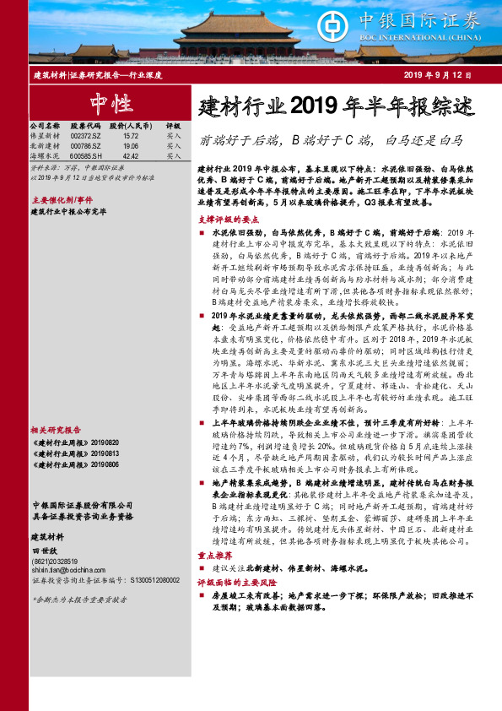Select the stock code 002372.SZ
[85, 135]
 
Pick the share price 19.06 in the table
[131, 145]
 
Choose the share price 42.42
[131, 156]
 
